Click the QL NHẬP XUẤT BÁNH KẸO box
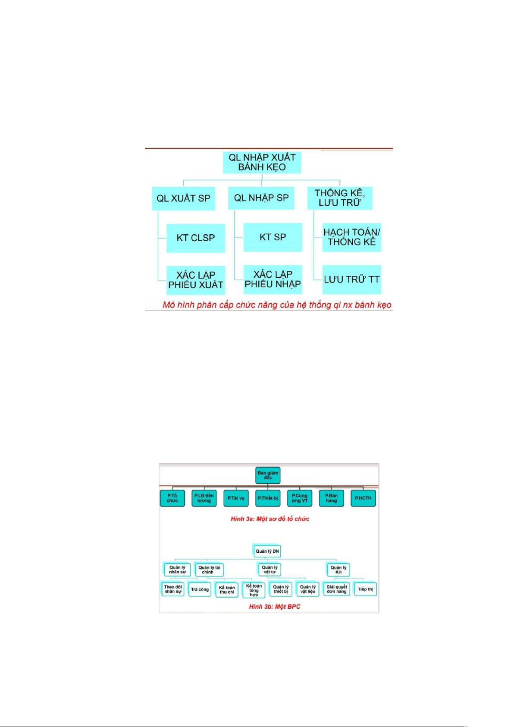click(262, 162)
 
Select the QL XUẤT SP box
click(183, 198)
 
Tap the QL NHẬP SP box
click(261, 198)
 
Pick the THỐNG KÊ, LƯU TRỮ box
click(340, 198)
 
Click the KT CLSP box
click(196, 238)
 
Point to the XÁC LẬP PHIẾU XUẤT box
click(196, 280)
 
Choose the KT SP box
click(273, 237)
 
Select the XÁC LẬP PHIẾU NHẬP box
click(273, 279)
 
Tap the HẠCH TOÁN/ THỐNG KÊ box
click(351, 237)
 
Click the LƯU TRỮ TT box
click(351, 280)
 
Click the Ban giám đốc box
click(268, 475)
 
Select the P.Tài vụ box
click(236, 498)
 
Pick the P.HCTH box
click(363, 498)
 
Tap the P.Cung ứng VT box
click(299, 498)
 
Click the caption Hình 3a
click(270, 519)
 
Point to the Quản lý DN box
click(267, 551)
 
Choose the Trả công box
click(200, 589)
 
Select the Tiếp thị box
click(365, 589)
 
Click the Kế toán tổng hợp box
click(254, 590)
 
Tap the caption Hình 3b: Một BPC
click(275, 607)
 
